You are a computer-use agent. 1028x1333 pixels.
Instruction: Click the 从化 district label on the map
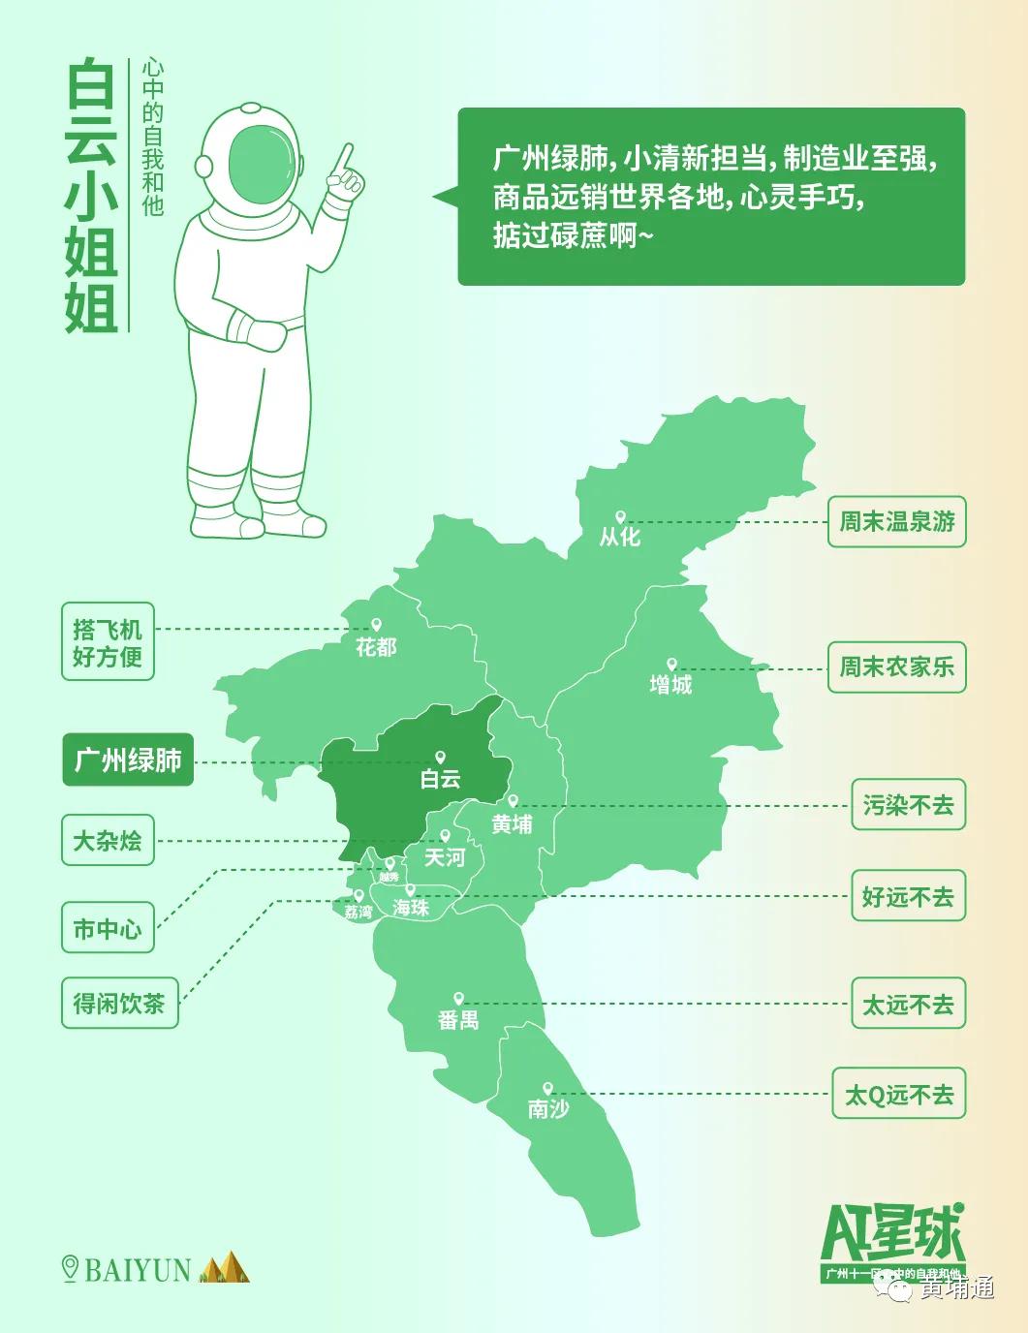click(x=620, y=537)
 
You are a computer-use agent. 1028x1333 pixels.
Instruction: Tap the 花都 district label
click(x=376, y=646)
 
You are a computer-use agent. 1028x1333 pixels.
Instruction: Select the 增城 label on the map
click(x=670, y=684)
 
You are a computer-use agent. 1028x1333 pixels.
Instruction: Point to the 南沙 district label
click(x=548, y=1108)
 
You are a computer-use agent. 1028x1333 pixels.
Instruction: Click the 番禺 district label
click(x=458, y=1019)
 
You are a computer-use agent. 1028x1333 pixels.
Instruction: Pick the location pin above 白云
click(x=440, y=758)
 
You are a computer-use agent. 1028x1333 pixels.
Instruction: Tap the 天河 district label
click(x=445, y=857)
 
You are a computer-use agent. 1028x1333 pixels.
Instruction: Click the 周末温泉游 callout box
click(x=896, y=522)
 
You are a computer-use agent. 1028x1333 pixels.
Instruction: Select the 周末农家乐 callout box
click(x=896, y=666)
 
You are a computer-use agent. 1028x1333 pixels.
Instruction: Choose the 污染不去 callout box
click(x=908, y=805)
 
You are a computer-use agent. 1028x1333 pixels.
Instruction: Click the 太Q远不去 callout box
click(x=898, y=1095)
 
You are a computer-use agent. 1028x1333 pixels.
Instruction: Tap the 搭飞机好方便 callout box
click(x=108, y=642)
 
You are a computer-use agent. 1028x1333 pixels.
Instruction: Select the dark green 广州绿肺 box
click(x=128, y=759)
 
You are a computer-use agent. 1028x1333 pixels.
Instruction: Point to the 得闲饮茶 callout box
click(x=119, y=1003)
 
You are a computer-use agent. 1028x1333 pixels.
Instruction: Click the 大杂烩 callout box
click(x=108, y=840)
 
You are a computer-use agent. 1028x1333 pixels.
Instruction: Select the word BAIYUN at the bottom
click(x=138, y=1270)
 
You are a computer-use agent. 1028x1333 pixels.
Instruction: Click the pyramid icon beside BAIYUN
click(x=224, y=1267)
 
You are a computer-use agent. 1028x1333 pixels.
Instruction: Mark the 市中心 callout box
click(x=108, y=929)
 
